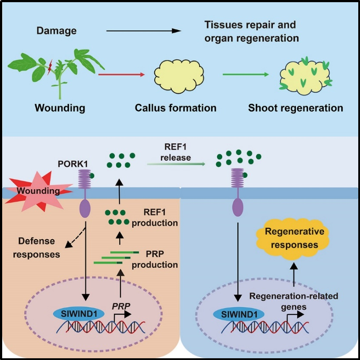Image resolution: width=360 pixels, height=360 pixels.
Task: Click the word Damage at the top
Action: [x=56, y=31]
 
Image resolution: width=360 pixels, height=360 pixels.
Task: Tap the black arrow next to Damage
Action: [x=143, y=31]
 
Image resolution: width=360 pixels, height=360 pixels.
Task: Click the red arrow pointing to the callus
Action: [x=121, y=75]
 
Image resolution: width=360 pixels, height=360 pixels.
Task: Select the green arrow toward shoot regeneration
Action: [x=246, y=75]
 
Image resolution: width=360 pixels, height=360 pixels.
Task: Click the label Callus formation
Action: [x=176, y=108]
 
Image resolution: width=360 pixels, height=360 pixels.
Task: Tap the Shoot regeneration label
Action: [x=295, y=108]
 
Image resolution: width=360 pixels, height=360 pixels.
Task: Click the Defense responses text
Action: [x=36, y=248]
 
